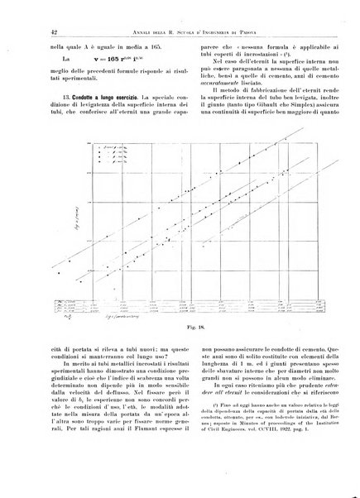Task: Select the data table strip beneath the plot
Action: pyautogui.click(x=190, y=285)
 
